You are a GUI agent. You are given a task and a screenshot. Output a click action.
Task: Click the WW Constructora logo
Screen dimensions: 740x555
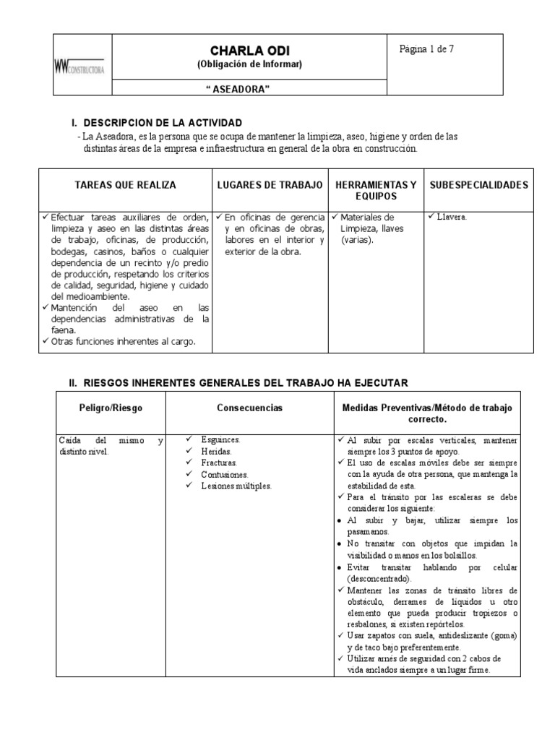point(79,68)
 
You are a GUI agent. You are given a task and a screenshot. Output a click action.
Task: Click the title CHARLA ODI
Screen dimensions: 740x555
point(249,51)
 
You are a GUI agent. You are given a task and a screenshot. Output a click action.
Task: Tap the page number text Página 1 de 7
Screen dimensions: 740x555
point(427,49)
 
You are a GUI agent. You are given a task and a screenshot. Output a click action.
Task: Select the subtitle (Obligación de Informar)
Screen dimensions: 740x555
point(249,64)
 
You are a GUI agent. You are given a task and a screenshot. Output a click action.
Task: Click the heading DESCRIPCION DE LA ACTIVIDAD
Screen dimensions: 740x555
point(163,123)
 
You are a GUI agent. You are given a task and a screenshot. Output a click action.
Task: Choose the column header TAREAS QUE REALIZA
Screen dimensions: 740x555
point(125,185)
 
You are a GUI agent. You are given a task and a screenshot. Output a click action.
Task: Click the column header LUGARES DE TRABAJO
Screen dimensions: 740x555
point(270,185)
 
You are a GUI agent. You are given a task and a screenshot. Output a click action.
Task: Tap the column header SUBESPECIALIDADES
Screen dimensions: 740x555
point(478,185)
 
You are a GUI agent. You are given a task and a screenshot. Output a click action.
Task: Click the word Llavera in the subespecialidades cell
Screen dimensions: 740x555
point(452,215)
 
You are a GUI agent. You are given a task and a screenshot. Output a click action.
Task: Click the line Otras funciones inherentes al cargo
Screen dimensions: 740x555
point(124,342)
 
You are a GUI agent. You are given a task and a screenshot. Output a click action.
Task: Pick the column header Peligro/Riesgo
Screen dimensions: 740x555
point(111,408)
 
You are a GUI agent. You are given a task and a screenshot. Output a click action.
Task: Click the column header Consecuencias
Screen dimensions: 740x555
point(249,408)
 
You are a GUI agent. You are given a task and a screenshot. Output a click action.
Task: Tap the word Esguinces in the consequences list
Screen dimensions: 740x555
point(222,439)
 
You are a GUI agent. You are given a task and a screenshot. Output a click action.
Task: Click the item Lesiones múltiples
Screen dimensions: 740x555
point(236,486)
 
